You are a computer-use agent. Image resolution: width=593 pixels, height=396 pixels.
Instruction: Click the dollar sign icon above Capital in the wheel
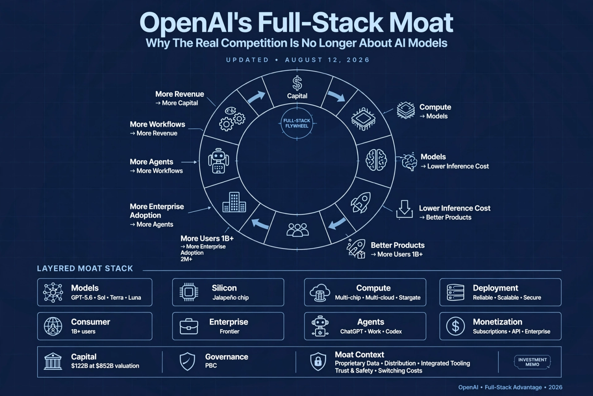[297, 83]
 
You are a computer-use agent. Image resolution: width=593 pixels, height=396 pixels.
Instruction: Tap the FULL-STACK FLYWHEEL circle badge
[297, 123]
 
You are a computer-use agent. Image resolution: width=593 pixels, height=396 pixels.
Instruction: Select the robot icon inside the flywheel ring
[218, 161]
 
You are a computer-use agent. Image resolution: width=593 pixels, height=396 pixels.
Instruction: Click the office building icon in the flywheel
[234, 202]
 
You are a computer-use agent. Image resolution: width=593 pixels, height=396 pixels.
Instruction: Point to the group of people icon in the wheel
[298, 229]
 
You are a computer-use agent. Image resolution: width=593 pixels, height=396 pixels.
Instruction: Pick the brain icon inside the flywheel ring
[376, 160]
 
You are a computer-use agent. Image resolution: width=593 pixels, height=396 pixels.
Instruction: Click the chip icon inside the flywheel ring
[364, 119]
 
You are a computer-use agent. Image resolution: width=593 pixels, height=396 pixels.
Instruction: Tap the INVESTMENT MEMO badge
[532, 362]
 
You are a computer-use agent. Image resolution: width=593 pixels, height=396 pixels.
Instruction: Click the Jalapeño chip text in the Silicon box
[231, 298]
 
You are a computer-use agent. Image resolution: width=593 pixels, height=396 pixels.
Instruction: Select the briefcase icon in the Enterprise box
[189, 326]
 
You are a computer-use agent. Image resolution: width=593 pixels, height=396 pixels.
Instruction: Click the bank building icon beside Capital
[53, 361]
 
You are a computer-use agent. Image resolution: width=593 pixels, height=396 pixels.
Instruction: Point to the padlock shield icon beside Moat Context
[318, 361]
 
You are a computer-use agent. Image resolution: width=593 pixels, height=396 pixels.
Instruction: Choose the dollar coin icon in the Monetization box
[455, 326]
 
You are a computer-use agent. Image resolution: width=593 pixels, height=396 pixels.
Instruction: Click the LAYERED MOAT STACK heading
[85, 268]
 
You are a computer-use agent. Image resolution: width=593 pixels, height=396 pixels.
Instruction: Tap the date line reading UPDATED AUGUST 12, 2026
[298, 60]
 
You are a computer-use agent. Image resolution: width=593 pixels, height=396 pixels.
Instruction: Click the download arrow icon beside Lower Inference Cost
[404, 209]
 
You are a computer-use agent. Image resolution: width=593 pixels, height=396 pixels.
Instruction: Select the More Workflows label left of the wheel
[158, 124]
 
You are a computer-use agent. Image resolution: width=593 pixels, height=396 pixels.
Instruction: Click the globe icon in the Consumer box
[53, 326]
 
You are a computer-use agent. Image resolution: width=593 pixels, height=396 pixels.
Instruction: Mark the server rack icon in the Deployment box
[455, 292]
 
